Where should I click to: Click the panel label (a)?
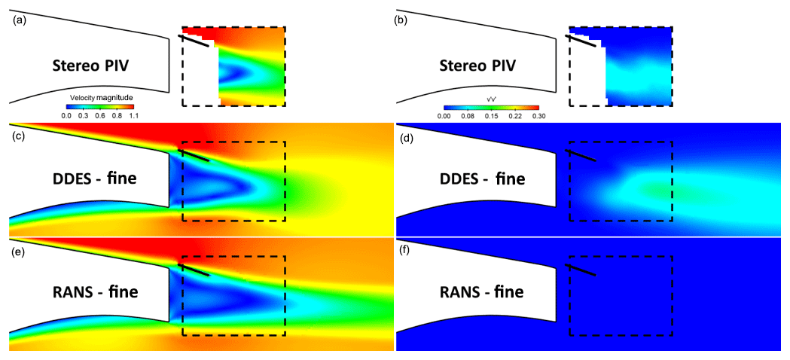click(19, 20)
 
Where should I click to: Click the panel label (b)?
click(402, 20)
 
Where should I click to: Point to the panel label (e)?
click(19, 251)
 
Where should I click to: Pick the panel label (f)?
click(405, 251)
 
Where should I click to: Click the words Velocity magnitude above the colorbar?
click(99, 98)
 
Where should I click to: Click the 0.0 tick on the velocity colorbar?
click(66, 117)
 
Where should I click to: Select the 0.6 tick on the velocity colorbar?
click(101, 117)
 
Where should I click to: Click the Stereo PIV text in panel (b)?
click(477, 66)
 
